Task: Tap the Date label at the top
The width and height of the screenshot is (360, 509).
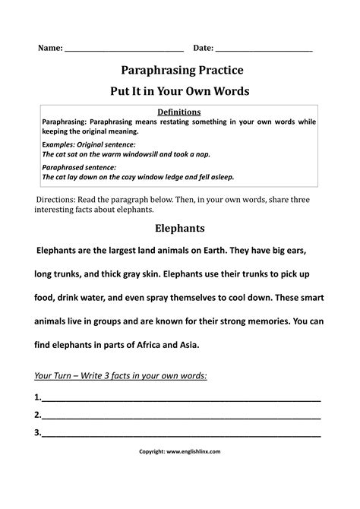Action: point(203,49)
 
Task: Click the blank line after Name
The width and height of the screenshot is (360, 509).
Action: point(125,50)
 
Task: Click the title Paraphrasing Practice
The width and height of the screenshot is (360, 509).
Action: point(179,71)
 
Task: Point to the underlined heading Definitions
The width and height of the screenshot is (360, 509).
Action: point(179,111)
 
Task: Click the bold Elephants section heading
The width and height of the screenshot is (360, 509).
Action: point(179,227)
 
